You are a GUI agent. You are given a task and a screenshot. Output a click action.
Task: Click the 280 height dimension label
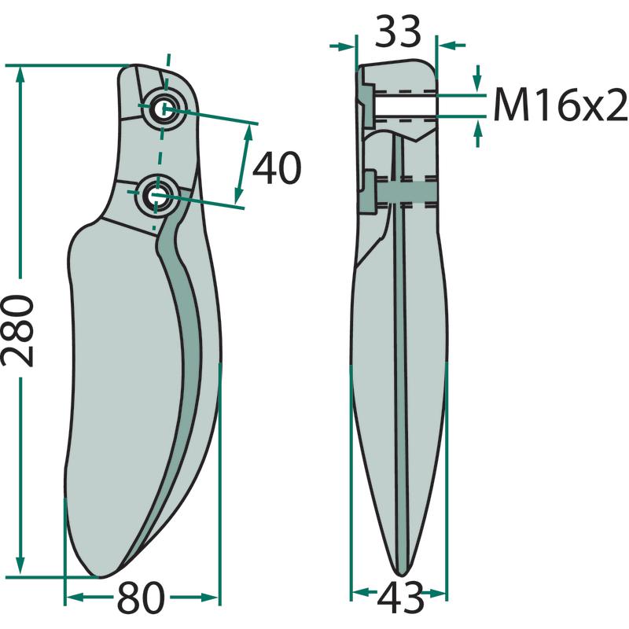(x=17, y=330)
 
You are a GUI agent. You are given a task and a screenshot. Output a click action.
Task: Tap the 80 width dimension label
(x=141, y=598)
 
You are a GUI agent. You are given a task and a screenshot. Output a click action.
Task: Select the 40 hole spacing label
(x=277, y=168)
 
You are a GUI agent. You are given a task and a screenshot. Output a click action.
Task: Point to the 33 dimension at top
(x=398, y=31)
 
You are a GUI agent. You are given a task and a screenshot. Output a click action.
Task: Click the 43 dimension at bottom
(x=400, y=598)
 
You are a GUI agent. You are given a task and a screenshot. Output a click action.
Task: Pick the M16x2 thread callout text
(x=560, y=105)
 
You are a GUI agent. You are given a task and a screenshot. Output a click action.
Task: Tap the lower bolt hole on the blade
(x=154, y=196)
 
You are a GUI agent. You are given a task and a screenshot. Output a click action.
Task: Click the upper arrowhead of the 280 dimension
(x=20, y=75)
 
